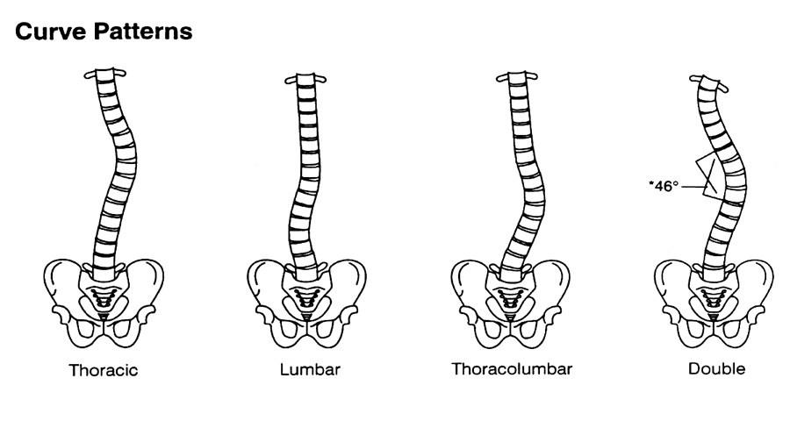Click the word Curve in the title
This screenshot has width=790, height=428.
[50, 32]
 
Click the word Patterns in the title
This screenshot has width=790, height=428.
[142, 32]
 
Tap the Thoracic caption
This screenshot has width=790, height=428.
[104, 370]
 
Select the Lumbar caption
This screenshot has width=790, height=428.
[310, 369]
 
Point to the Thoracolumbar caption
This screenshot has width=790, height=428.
[512, 369]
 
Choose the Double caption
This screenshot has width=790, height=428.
[716, 368]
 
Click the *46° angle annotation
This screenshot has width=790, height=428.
[664, 186]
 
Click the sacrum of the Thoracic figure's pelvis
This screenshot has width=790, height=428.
[104, 297]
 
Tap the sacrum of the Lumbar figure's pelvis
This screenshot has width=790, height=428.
[306, 298]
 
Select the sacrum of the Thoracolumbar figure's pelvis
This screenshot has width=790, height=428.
[510, 298]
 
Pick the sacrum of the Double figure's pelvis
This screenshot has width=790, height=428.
[714, 298]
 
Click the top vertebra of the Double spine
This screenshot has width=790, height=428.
[707, 82]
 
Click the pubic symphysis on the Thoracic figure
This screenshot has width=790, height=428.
[104, 330]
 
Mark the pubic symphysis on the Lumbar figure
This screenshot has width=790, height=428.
[307, 331]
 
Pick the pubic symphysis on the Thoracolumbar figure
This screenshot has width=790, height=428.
[510, 331]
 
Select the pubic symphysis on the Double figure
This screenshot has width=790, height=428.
[714, 331]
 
